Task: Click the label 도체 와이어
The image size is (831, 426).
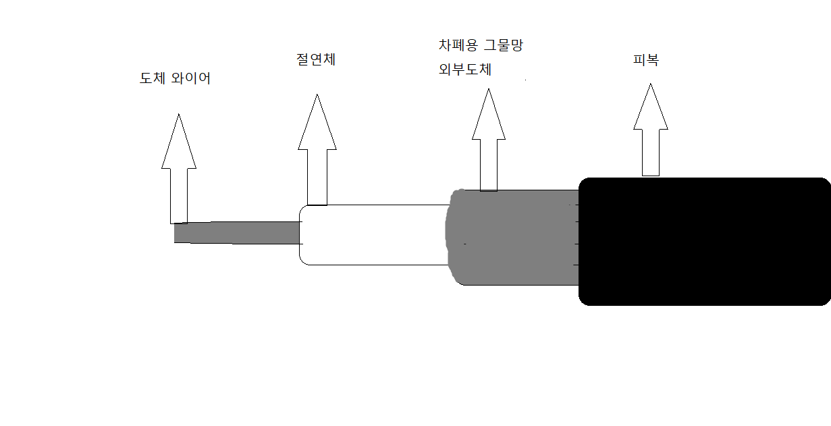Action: click(175, 78)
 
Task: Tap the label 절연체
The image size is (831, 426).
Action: click(316, 59)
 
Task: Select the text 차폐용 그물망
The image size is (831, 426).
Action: click(481, 46)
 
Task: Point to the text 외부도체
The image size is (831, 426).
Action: click(464, 69)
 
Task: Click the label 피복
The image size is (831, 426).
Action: click(646, 59)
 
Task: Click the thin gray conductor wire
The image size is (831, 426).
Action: click(236, 232)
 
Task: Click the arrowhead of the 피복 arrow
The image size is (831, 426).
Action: click(651, 108)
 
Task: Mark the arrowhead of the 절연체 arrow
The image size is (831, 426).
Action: click(317, 125)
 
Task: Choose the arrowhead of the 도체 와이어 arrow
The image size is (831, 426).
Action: click(179, 144)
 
